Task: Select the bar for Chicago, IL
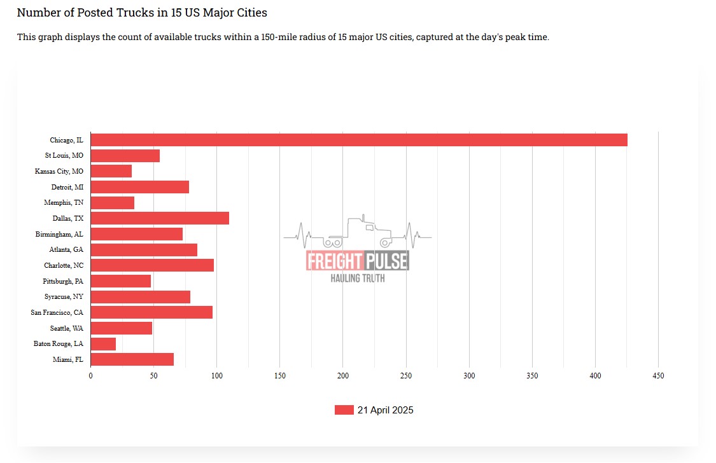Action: [x=359, y=140]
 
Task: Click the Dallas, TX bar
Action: [x=160, y=218]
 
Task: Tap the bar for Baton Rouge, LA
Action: [x=103, y=344]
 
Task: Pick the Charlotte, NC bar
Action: [x=152, y=265]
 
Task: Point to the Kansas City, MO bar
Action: [x=111, y=171]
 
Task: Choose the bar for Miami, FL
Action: [x=132, y=360]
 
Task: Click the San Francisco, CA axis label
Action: [x=57, y=312]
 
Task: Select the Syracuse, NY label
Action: [x=64, y=297]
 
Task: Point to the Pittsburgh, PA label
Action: [x=63, y=281]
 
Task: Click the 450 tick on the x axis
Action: [x=658, y=377]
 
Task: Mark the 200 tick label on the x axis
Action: [x=342, y=377]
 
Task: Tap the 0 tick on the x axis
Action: [x=91, y=377]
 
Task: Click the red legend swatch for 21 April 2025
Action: [x=344, y=410]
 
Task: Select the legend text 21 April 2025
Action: [x=385, y=410]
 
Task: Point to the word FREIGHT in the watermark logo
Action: [x=334, y=261]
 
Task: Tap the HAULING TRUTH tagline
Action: [x=357, y=278]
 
